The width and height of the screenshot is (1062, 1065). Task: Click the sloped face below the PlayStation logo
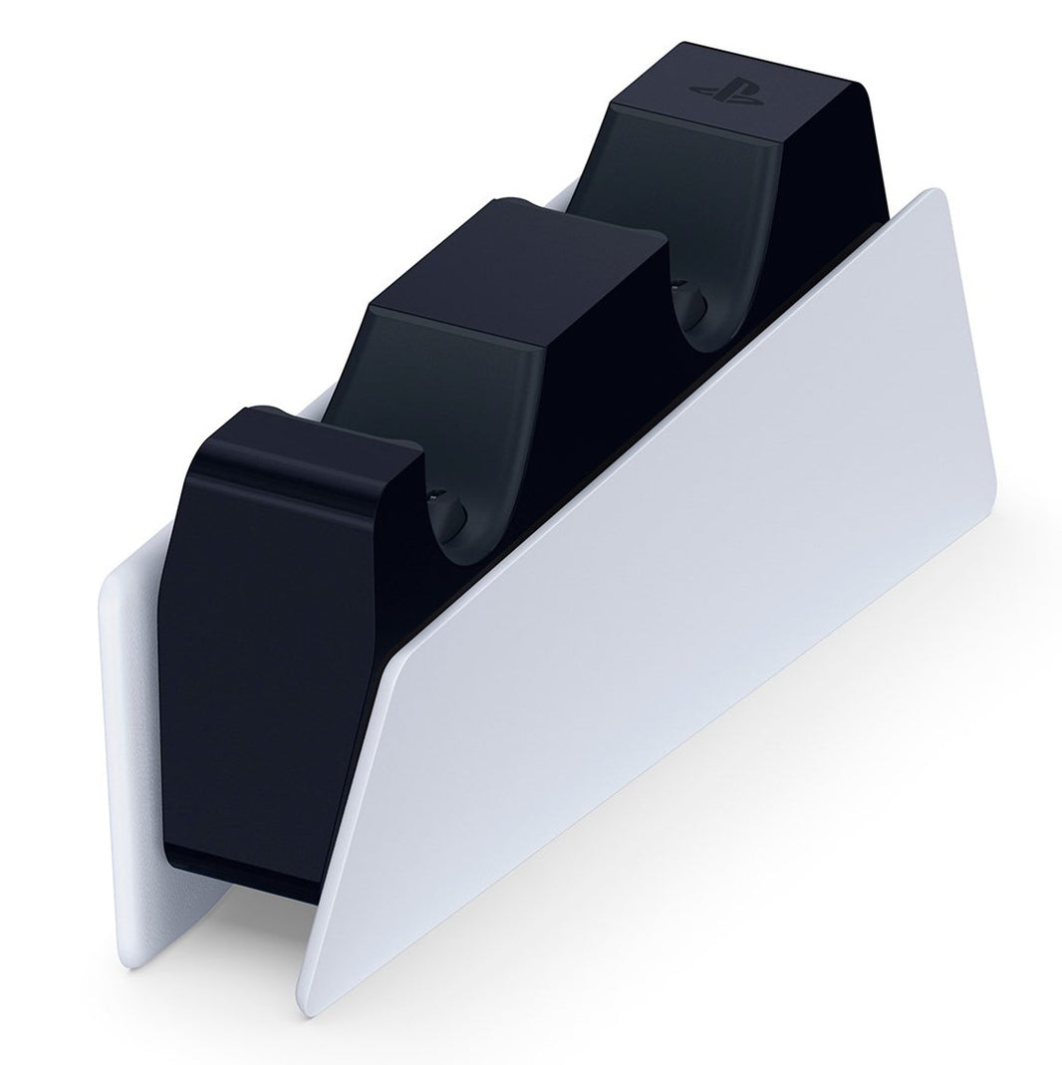687,169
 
